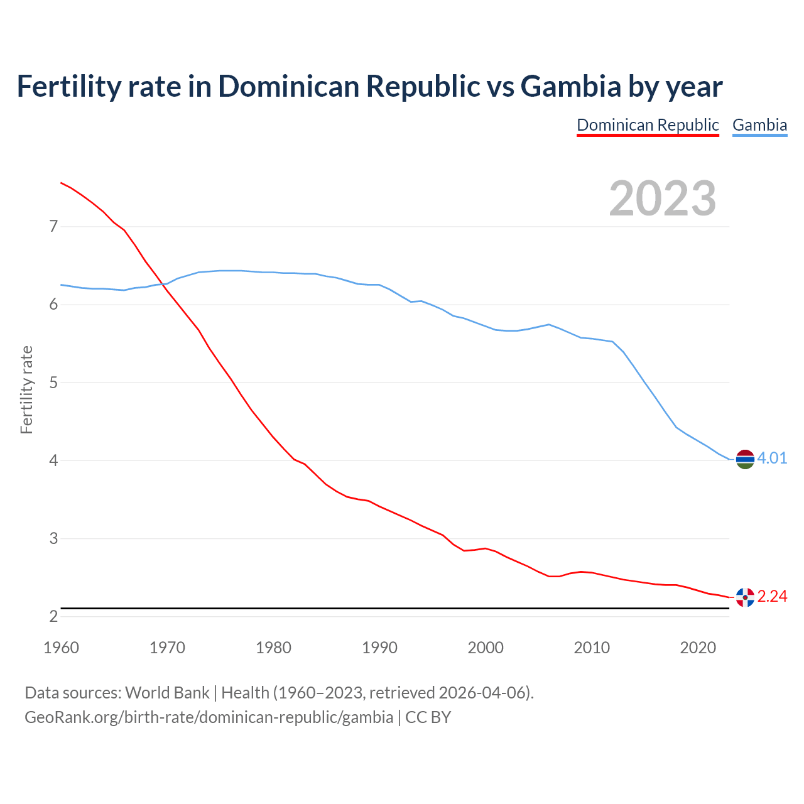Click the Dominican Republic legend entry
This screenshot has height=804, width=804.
tap(648, 125)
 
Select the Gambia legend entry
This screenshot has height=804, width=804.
tap(759, 125)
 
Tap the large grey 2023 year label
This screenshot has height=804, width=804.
tap(663, 198)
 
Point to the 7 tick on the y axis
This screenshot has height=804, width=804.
tap(53, 226)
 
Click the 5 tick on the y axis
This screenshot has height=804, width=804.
tap(53, 383)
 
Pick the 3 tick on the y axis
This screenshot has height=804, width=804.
tap(53, 538)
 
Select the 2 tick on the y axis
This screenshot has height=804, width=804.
tap(53, 616)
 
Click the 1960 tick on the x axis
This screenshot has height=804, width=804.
tap(61, 648)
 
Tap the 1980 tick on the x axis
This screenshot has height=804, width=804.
tap(273, 648)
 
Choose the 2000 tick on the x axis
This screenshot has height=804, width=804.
tap(486, 648)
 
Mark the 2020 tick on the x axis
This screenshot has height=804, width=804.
tap(698, 648)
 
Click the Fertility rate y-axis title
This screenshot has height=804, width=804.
tap(26, 389)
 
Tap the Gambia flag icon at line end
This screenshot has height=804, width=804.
tap(745, 459)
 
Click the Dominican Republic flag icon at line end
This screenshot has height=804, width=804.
tap(745, 597)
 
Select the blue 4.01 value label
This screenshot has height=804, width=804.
tap(772, 458)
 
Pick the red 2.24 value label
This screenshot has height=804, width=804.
tap(772, 596)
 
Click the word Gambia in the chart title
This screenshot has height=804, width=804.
tap(571, 86)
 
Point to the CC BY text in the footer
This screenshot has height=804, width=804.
tap(428, 717)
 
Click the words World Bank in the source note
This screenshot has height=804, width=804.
tap(167, 693)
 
